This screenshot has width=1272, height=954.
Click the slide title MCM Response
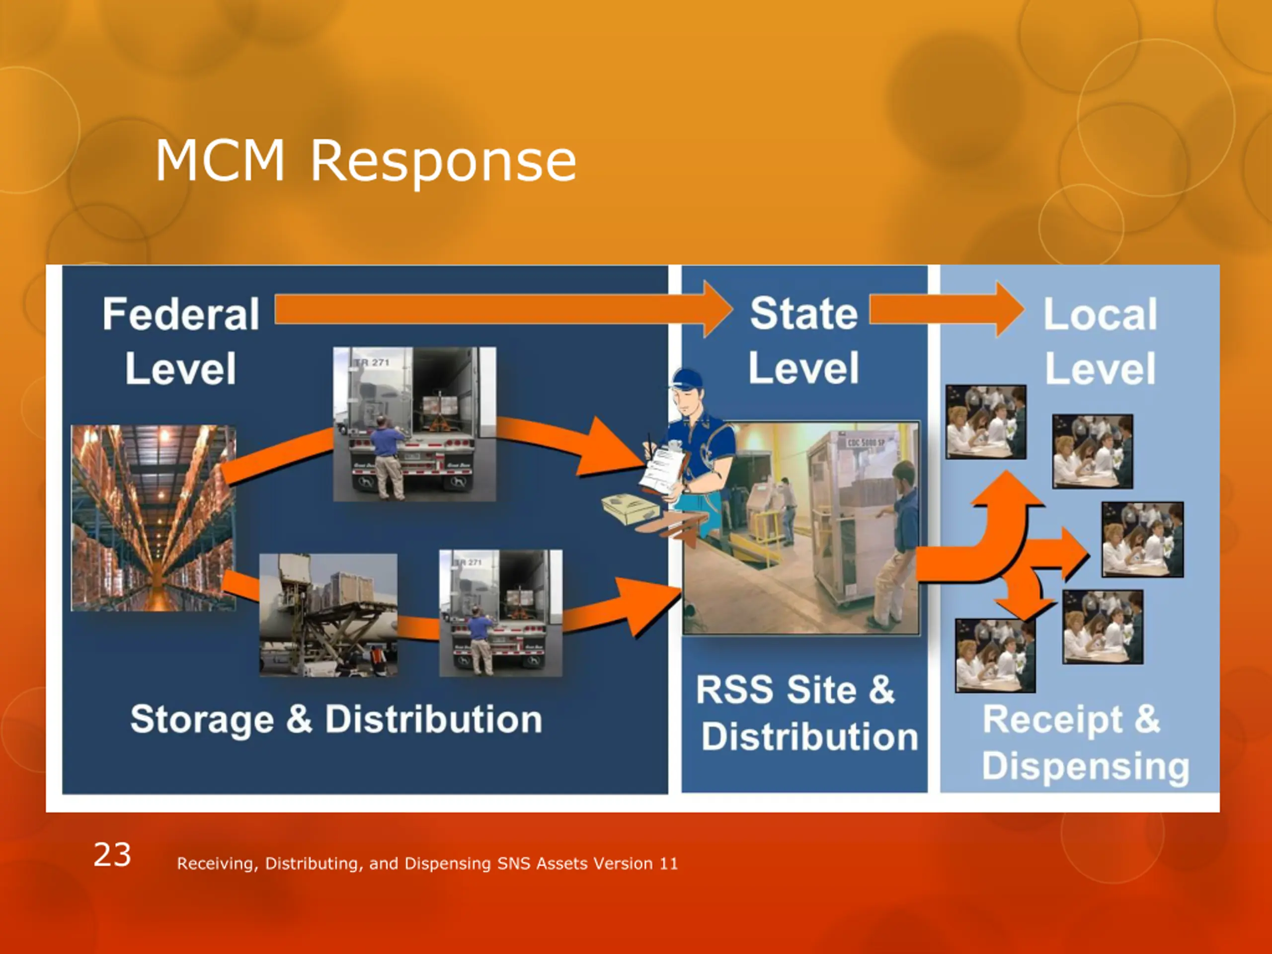(x=366, y=161)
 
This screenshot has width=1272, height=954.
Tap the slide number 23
(x=112, y=855)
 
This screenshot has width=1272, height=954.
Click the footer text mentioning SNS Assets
(x=427, y=864)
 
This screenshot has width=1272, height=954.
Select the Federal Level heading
(x=180, y=341)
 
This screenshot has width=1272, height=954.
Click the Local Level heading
(x=1100, y=341)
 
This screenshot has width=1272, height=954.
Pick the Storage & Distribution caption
(x=336, y=719)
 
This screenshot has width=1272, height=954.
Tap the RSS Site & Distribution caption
(x=805, y=713)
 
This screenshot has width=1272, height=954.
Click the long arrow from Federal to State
(x=500, y=311)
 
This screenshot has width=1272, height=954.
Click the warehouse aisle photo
(x=153, y=518)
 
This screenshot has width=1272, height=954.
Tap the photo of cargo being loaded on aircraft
(x=328, y=614)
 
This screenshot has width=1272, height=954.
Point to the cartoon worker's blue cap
(x=689, y=380)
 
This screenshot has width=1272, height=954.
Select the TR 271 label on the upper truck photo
(x=372, y=362)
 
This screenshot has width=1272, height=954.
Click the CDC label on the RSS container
(x=865, y=443)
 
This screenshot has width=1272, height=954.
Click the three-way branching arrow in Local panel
(x=1012, y=546)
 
